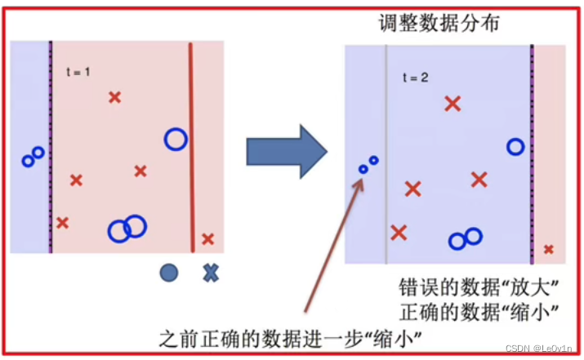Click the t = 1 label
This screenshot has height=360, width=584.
pyautogui.click(x=78, y=72)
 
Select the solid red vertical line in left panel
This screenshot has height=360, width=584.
pyautogui.click(x=192, y=147)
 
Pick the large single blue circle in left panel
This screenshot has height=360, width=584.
pyautogui.click(x=175, y=140)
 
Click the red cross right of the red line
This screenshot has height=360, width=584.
pyautogui.click(x=207, y=239)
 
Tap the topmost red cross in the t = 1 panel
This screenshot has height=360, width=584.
pyautogui.click(x=115, y=98)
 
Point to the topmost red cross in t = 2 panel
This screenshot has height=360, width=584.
pyautogui.click(x=452, y=104)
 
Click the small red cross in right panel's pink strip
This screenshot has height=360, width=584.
pyautogui.click(x=549, y=249)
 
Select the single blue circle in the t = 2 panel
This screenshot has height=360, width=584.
pyautogui.click(x=515, y=147)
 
